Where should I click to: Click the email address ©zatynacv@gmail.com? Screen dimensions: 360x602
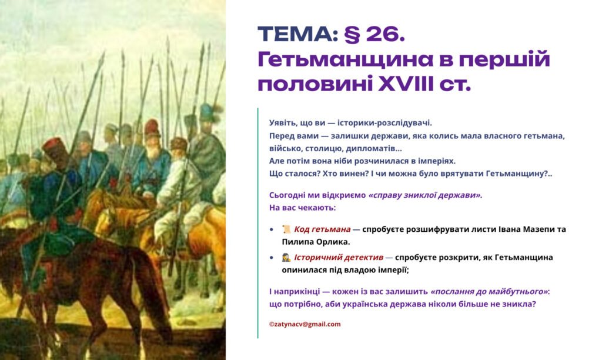(305, 324)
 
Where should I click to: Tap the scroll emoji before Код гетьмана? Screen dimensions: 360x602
(286, 229)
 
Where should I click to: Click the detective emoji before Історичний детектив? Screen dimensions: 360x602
(286, 258)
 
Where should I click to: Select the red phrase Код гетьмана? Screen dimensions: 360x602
(322, 229)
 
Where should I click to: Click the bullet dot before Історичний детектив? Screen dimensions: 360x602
(271, 258)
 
